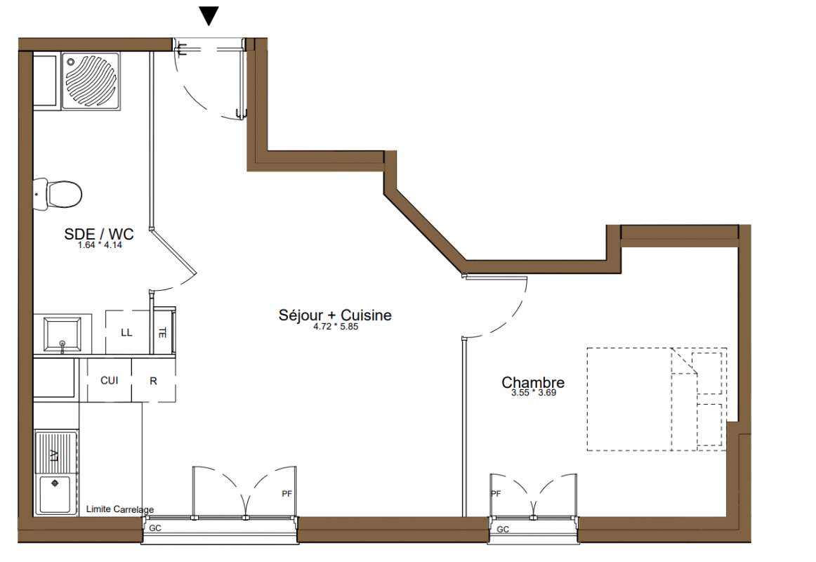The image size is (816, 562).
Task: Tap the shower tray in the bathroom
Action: coord(91,81)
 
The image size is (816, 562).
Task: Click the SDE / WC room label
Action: coord(99,234)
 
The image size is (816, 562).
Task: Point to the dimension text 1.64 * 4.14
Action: coord(100,245)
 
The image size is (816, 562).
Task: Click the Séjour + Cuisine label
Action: coord(335,315)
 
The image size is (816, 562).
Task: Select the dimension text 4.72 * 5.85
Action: coord(336,327)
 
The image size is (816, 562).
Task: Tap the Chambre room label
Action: coord(533,382)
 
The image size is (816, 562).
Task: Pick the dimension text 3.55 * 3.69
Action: coord(534,393)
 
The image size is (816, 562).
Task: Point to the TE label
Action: coord(162,332)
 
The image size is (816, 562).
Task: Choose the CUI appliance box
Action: coord(110,380)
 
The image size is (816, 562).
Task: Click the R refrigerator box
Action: coord(154,380)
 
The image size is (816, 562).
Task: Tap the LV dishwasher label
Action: coord(54,455)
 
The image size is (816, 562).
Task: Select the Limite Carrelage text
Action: coord(120,509)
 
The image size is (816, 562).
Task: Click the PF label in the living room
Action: coord(287,494)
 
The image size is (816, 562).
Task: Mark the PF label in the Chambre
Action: coord(496,494)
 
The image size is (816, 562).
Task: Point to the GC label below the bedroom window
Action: coord(503,530)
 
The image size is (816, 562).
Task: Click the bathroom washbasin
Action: coord(62,334)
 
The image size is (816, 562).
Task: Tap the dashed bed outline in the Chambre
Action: coord(657,399)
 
